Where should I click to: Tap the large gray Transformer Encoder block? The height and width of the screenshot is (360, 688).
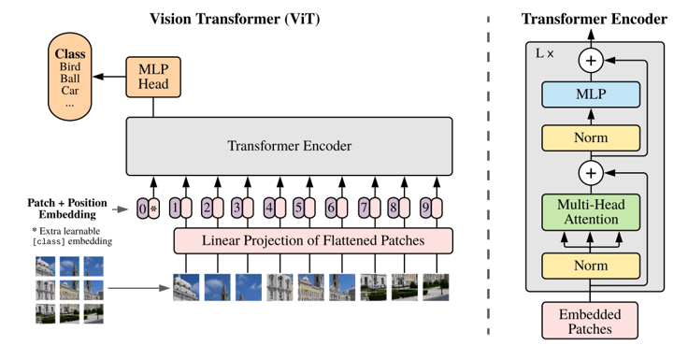289,146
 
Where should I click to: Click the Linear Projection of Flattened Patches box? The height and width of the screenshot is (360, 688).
313,240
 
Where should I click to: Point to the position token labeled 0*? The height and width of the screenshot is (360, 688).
148,209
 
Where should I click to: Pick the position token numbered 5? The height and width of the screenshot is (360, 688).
298,209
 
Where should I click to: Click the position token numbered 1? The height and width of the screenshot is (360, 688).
175,209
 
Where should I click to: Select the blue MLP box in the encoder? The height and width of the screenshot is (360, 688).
590,95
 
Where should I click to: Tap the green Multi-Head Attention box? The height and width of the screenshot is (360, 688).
590,211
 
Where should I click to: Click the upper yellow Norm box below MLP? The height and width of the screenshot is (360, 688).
590,137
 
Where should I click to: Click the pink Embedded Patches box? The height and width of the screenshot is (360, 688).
590,321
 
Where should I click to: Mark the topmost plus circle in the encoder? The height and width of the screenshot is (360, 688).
590,61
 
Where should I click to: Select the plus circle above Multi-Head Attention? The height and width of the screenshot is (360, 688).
590,173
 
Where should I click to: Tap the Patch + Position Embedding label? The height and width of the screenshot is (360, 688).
67,208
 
